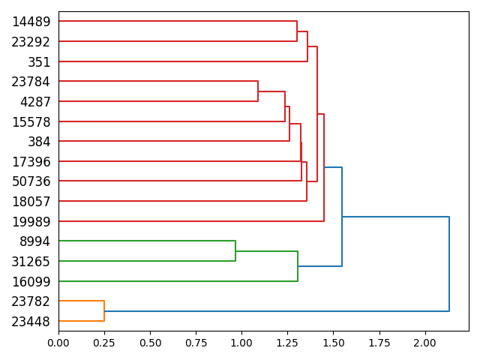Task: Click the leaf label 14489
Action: pos(31,22)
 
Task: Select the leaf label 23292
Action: pos(31,42)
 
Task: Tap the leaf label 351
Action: pos(39,62)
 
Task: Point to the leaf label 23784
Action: pos(31,82)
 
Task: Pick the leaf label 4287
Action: pos(35,102)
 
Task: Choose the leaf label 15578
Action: pos(31,121)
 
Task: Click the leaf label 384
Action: pos(39,142)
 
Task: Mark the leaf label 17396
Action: pos(31,162)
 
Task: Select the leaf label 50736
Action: pos(31,181)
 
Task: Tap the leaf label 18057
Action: pos(31,202)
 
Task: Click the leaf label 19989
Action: pos(31,221)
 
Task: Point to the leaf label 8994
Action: pos(35,241)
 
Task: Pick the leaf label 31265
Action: pos(31,262)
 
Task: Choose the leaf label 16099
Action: pos(31,281)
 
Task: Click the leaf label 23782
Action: pos(31,301)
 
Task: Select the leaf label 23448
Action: pos(31,322)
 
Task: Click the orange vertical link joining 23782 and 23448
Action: pos(104,311)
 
